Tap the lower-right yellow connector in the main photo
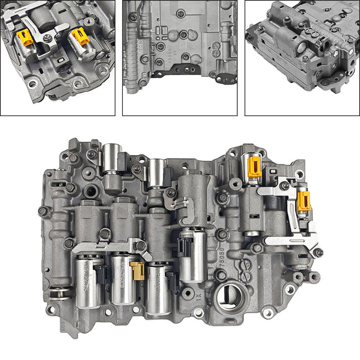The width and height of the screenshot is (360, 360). (304, 200)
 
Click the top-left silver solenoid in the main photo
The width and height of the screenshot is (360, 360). (112, 158)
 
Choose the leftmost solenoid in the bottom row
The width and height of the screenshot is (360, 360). (87, 279)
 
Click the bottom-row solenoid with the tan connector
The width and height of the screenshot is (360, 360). (122, 281)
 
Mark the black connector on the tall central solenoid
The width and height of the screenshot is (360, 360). (183, 246)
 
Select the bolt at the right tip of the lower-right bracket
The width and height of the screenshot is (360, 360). (318, 253)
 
